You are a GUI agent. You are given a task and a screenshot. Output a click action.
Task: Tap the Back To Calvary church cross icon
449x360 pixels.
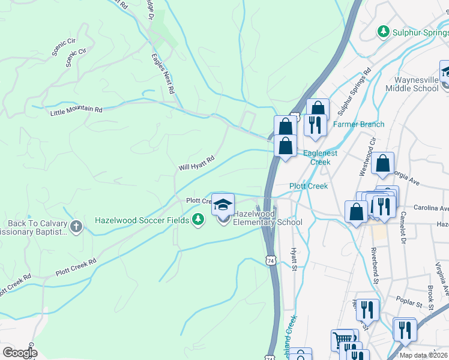[76, 227]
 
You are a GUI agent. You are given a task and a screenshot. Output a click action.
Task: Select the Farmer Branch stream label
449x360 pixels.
[358, 124]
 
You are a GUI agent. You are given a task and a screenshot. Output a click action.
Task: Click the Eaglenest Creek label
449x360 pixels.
[321, 157]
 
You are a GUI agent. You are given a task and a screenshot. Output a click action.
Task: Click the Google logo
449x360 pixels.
[20, 352]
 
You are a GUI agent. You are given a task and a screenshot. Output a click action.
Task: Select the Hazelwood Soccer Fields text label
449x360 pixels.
[142, 220]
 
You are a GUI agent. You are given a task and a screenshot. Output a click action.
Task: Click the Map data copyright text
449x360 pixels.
[424, 355]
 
